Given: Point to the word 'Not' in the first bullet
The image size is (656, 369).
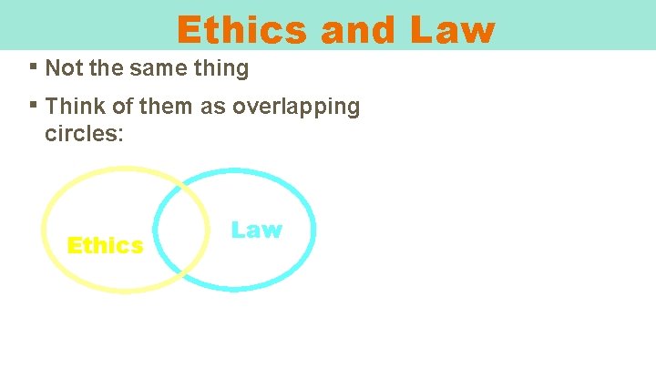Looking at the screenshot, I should coord(62,68).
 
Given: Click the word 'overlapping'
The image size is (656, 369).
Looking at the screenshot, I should coord(296,107).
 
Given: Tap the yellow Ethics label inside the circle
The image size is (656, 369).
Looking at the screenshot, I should coord(105,246).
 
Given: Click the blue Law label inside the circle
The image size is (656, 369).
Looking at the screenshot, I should coord(256,230).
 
